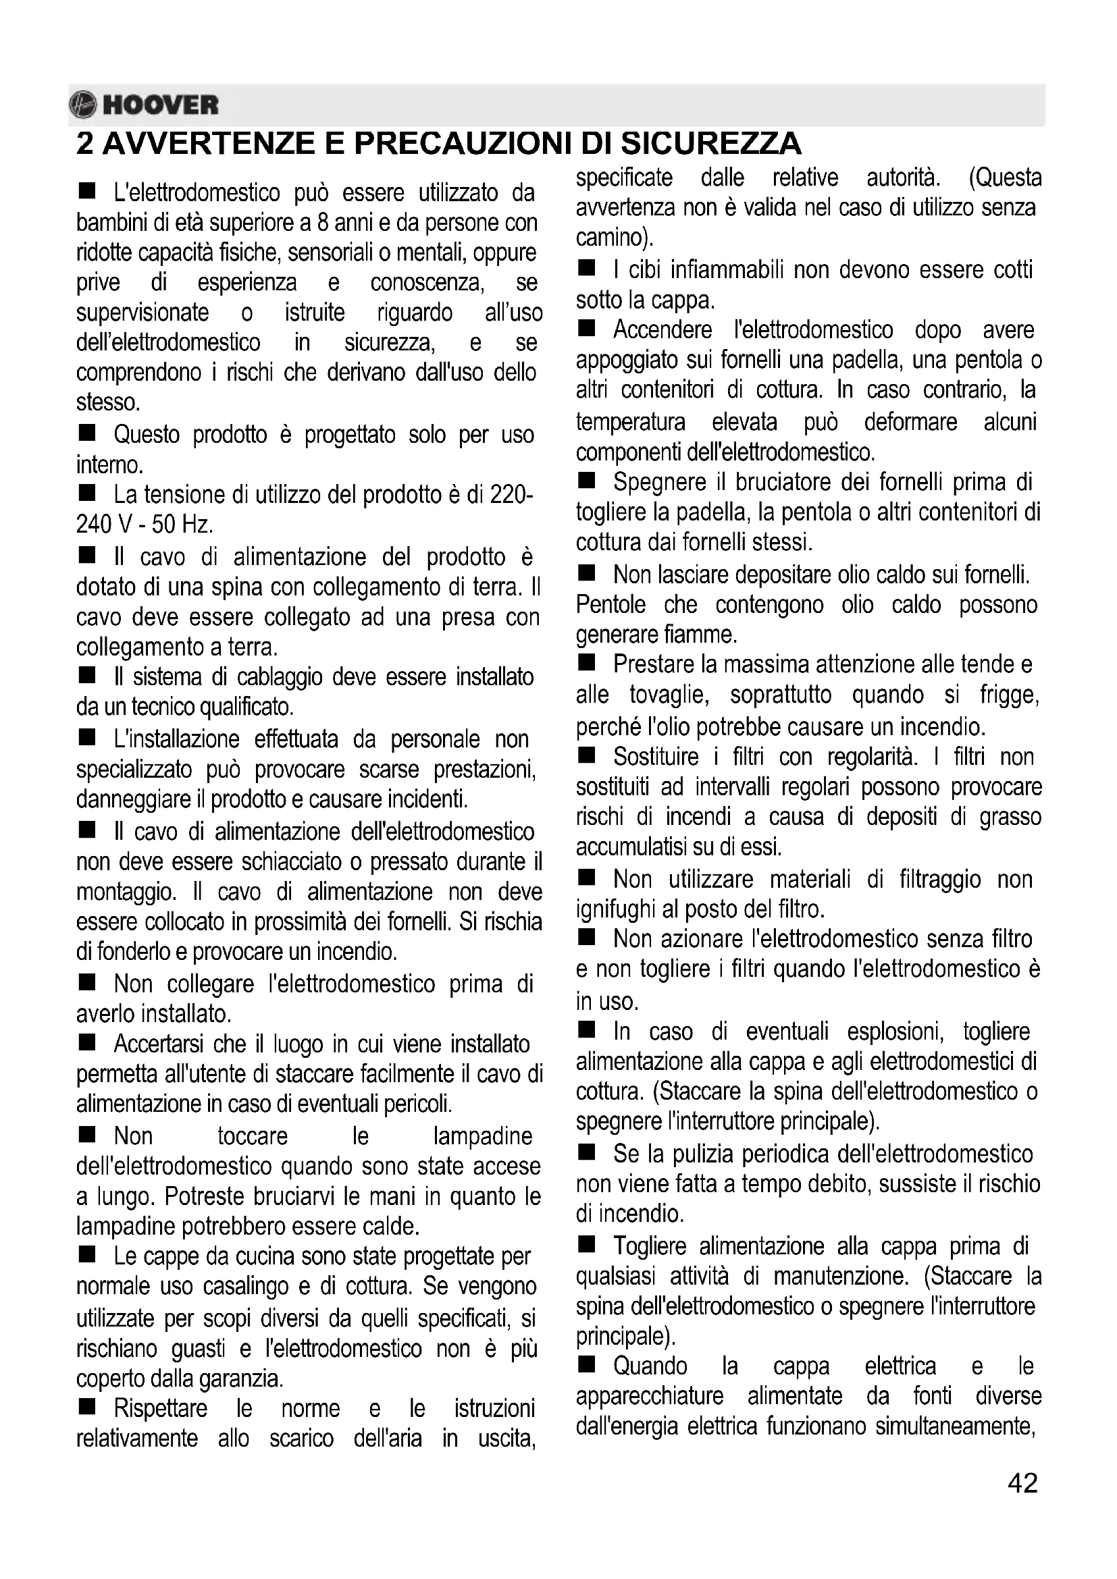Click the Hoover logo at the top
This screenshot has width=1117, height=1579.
point(144,105)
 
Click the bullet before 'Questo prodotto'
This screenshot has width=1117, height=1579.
point(86,433)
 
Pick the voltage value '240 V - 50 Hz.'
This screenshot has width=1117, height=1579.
point(145,525)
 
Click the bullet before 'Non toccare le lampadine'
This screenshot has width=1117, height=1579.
point(86,1135)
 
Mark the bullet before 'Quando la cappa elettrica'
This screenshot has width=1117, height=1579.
point(586,1366)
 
